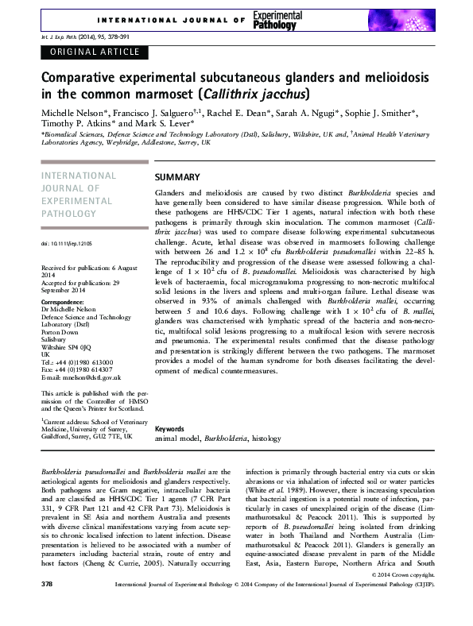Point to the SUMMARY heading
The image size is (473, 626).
[x=177, y=176]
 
